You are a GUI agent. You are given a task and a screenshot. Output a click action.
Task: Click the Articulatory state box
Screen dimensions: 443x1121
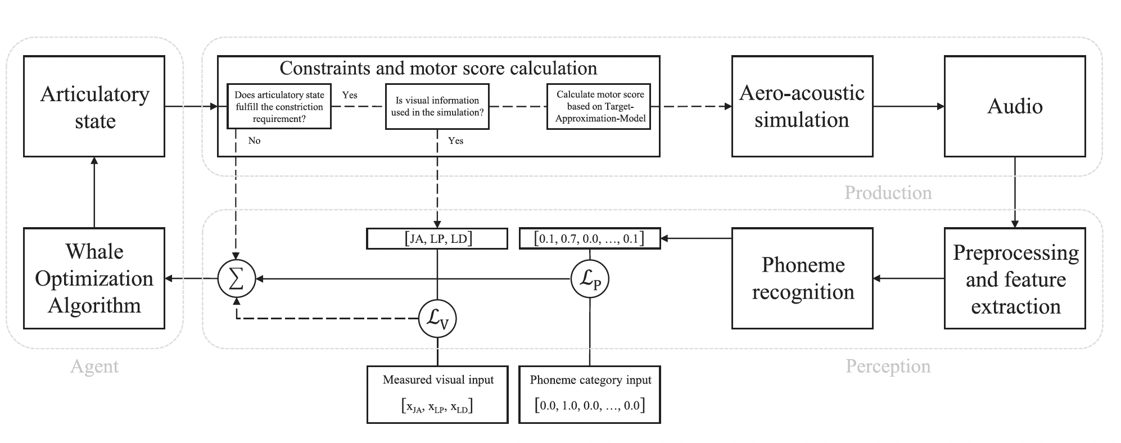click(94, 106)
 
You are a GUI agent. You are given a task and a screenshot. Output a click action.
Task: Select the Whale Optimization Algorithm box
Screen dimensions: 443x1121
click(94, 278)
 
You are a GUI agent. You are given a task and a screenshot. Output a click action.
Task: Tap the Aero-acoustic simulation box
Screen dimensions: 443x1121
click(802, 106)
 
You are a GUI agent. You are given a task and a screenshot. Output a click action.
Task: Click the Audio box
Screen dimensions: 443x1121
click(1014, 106)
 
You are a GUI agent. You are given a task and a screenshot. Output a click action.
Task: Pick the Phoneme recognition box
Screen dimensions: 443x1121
click(802, 278)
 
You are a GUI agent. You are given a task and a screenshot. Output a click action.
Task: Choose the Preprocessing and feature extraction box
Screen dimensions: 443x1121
click(1014, 278)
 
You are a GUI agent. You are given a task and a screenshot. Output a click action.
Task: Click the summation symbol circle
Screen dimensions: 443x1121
click(237, 279)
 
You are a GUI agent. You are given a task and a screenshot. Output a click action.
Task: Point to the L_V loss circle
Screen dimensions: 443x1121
click(437, 319)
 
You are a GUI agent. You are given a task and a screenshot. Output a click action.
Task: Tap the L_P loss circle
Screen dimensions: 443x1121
click(590, 279)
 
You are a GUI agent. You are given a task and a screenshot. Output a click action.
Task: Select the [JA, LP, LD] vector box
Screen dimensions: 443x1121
click(437, 238)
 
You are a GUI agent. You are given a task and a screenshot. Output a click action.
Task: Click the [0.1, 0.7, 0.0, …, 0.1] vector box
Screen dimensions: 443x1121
click(589, 238)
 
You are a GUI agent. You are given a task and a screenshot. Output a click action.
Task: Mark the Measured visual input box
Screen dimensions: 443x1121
click(437, 394)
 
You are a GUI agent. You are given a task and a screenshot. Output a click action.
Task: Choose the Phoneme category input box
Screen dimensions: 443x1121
click(589, 394)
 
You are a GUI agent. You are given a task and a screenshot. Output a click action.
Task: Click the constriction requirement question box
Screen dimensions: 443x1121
click(279, 106)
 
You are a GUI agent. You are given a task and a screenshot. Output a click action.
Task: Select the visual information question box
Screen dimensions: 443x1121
click(437, 106)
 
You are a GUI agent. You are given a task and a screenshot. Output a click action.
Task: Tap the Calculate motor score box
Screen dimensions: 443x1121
click(599, 106)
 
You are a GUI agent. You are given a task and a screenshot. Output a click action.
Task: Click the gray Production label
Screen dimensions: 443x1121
click(888, 193)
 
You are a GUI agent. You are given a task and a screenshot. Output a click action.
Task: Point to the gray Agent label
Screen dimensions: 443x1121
click(94, 367)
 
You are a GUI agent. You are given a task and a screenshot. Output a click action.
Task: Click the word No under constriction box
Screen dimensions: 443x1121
click(254, 141)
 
